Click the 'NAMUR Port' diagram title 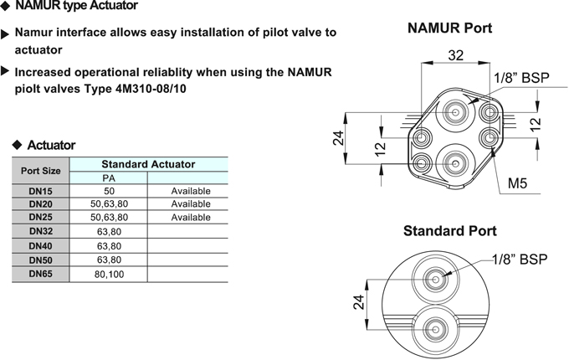449,28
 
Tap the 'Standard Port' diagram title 449,231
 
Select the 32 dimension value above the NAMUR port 455,55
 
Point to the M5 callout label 517,183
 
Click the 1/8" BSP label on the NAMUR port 521,78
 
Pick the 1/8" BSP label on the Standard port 520,259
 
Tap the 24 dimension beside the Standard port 358,302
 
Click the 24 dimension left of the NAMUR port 338,138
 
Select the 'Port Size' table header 40,171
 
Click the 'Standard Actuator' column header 148,164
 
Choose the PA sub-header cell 109,178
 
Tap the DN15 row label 40,191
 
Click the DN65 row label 41,274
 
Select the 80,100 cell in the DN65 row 109,275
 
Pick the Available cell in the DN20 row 191,204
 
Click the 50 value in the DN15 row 109,191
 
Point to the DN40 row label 41,246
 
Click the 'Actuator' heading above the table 51,145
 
